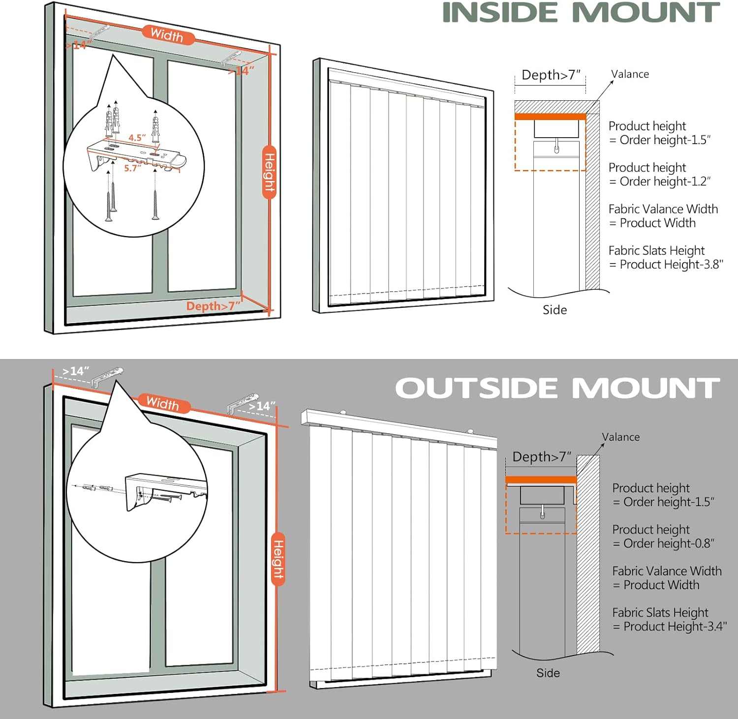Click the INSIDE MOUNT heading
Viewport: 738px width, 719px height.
click(x=581, y=13)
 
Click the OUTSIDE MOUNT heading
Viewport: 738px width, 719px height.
click(x=557, y=388)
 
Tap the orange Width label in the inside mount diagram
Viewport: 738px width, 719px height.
click(x=167, y=35)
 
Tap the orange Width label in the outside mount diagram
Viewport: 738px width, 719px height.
click(x=162, y=403)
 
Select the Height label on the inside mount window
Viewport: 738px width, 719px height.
click(x=269, y=172)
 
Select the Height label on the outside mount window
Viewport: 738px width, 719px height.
click(x=278, y=559)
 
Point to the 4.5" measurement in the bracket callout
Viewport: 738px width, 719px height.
click(x=137, y=138)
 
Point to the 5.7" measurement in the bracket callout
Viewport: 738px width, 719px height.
click(x=133, y=168)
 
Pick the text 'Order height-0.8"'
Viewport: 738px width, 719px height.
click(x=669, y=543)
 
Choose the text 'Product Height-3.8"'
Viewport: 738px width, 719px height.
click(x=672, y=265)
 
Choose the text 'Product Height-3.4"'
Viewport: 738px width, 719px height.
click(x=675, y=627)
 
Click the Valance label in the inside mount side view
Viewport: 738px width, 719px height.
click(x=630, y=74)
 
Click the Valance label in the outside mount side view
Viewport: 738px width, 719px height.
click(x=621, y=437)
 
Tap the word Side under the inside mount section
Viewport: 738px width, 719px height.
click(x=555, y=310)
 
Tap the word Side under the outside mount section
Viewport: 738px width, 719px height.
click(x=548, y=673)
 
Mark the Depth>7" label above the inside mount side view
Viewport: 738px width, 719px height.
click(x=551, y=75)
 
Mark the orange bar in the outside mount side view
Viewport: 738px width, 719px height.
click(x=541, y=479)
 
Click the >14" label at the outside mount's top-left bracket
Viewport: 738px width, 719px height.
click(x=76, y=371)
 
